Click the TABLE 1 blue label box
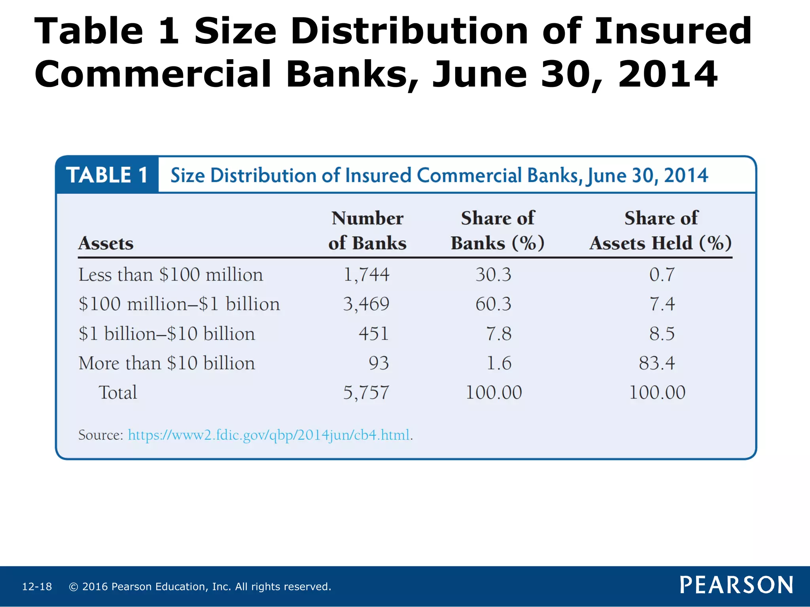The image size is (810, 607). tap(107, 175)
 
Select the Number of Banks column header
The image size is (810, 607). tap(367, 230)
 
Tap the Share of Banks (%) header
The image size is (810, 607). tap(498, 230)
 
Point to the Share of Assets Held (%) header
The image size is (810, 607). tap(660, 230)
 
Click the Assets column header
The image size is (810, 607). tap(106, 243)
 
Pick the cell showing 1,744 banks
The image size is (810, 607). tap(366, 275)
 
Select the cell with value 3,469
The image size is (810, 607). tap(366, 304)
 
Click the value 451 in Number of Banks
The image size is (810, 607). tap(373, 334)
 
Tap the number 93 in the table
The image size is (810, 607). tap(379, 363)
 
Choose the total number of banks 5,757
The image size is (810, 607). tap(366, 392)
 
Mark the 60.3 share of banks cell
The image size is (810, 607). tap(493, 304)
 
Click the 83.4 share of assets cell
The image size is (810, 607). tap(657, 363)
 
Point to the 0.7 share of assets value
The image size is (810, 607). tap(662, 275)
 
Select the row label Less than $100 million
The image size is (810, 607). tap(170, 275)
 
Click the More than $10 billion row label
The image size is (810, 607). tap(167, 363)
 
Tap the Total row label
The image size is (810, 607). tap(117, 392)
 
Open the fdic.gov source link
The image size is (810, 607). tap(269, 435)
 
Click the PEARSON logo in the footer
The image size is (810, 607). tap(736, 585)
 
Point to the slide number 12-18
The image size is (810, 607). tap(37, 586)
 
